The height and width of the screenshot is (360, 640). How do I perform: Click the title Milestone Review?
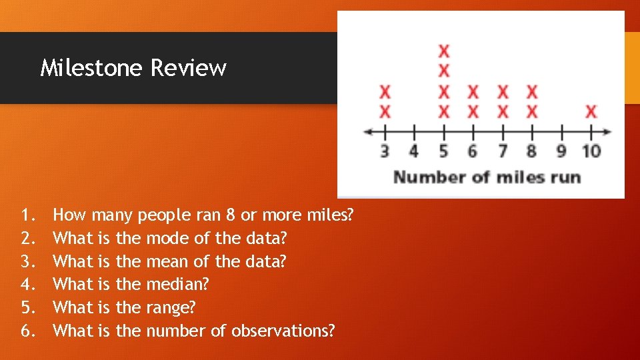click(x=133, y=68)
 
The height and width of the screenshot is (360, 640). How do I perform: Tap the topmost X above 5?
click(x=444, y=50)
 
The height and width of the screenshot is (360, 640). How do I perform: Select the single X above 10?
click(x=591, y=111)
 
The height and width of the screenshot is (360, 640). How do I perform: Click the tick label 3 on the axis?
click(x=385, y=151)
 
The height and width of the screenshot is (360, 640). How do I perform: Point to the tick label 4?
click(x=413, y=151)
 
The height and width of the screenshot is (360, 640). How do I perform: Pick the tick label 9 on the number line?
click(x=561, y=151)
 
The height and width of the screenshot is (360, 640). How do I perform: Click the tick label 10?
click(x=591, y=151)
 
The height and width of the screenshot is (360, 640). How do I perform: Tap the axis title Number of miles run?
click(x=487, y=177)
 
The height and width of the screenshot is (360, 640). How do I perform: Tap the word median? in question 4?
click(x=177, y=285)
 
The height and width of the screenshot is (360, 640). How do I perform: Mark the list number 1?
click(x=27, y=215)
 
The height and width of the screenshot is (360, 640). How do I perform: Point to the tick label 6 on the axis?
click(x=473, y=151)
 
